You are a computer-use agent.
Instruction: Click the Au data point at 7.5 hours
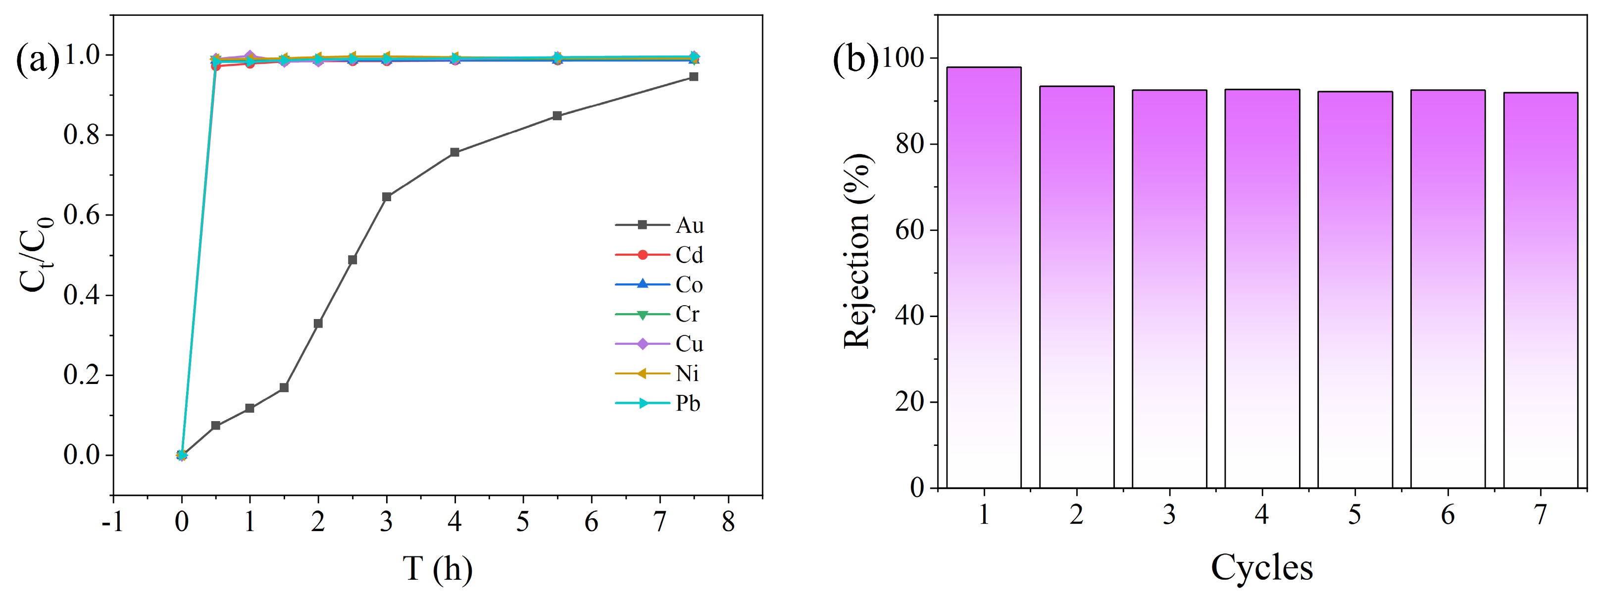point(694,76)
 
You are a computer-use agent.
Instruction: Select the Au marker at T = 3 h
point(387,197)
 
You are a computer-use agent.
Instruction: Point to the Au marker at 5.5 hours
point(557,115)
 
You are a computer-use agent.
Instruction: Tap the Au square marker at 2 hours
point(318,324)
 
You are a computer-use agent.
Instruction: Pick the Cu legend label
point(689,344)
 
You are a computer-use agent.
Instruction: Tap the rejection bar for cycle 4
point(1262,289)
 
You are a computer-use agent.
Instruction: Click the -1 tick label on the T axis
point(112,521)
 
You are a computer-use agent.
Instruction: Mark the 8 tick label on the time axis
point(728,521)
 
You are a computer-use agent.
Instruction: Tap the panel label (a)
point(37,59)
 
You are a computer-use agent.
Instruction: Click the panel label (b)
point(855,59)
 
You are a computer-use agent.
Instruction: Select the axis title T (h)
point(437,568)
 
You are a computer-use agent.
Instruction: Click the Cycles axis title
point(1262,567)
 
